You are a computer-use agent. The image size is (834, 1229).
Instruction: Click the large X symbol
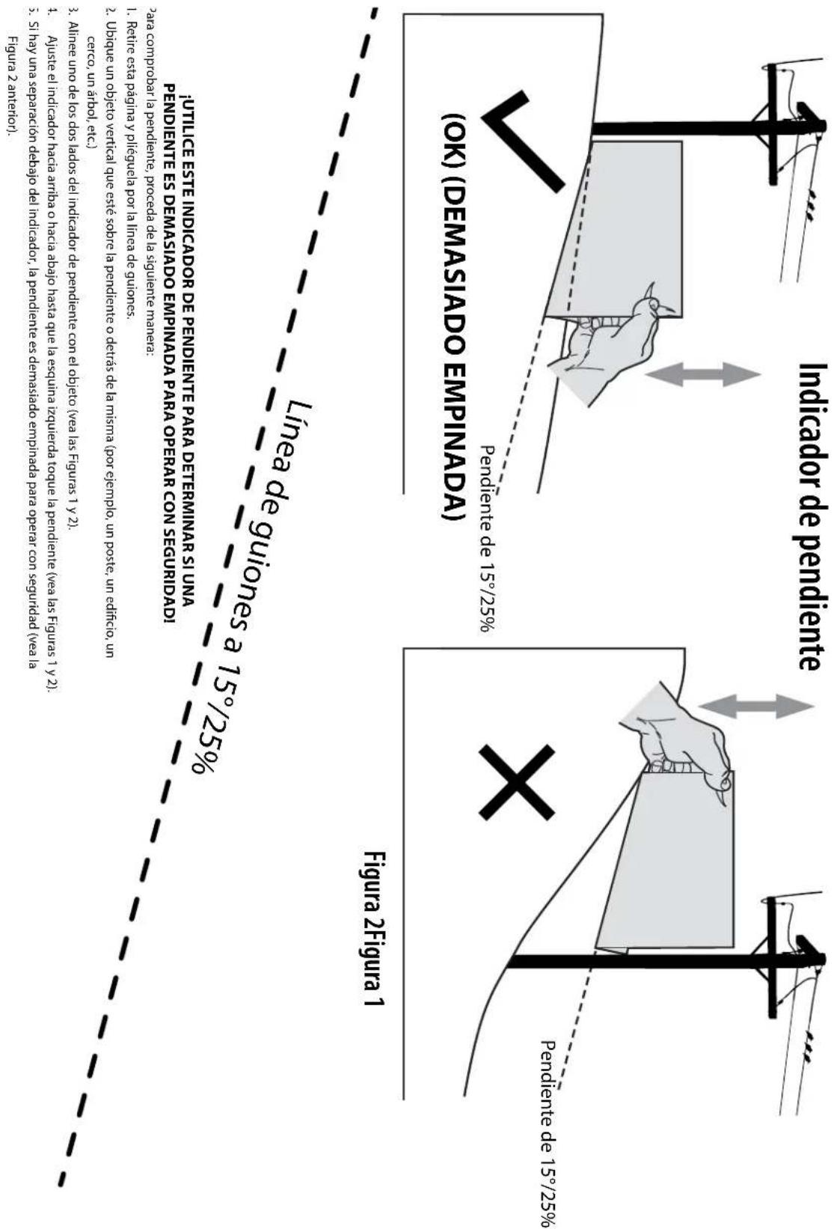tap(517, 782)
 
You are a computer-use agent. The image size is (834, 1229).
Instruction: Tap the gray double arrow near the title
tap(704, 375)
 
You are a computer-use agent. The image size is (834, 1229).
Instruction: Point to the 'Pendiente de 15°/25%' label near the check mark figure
tap(487, 538)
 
